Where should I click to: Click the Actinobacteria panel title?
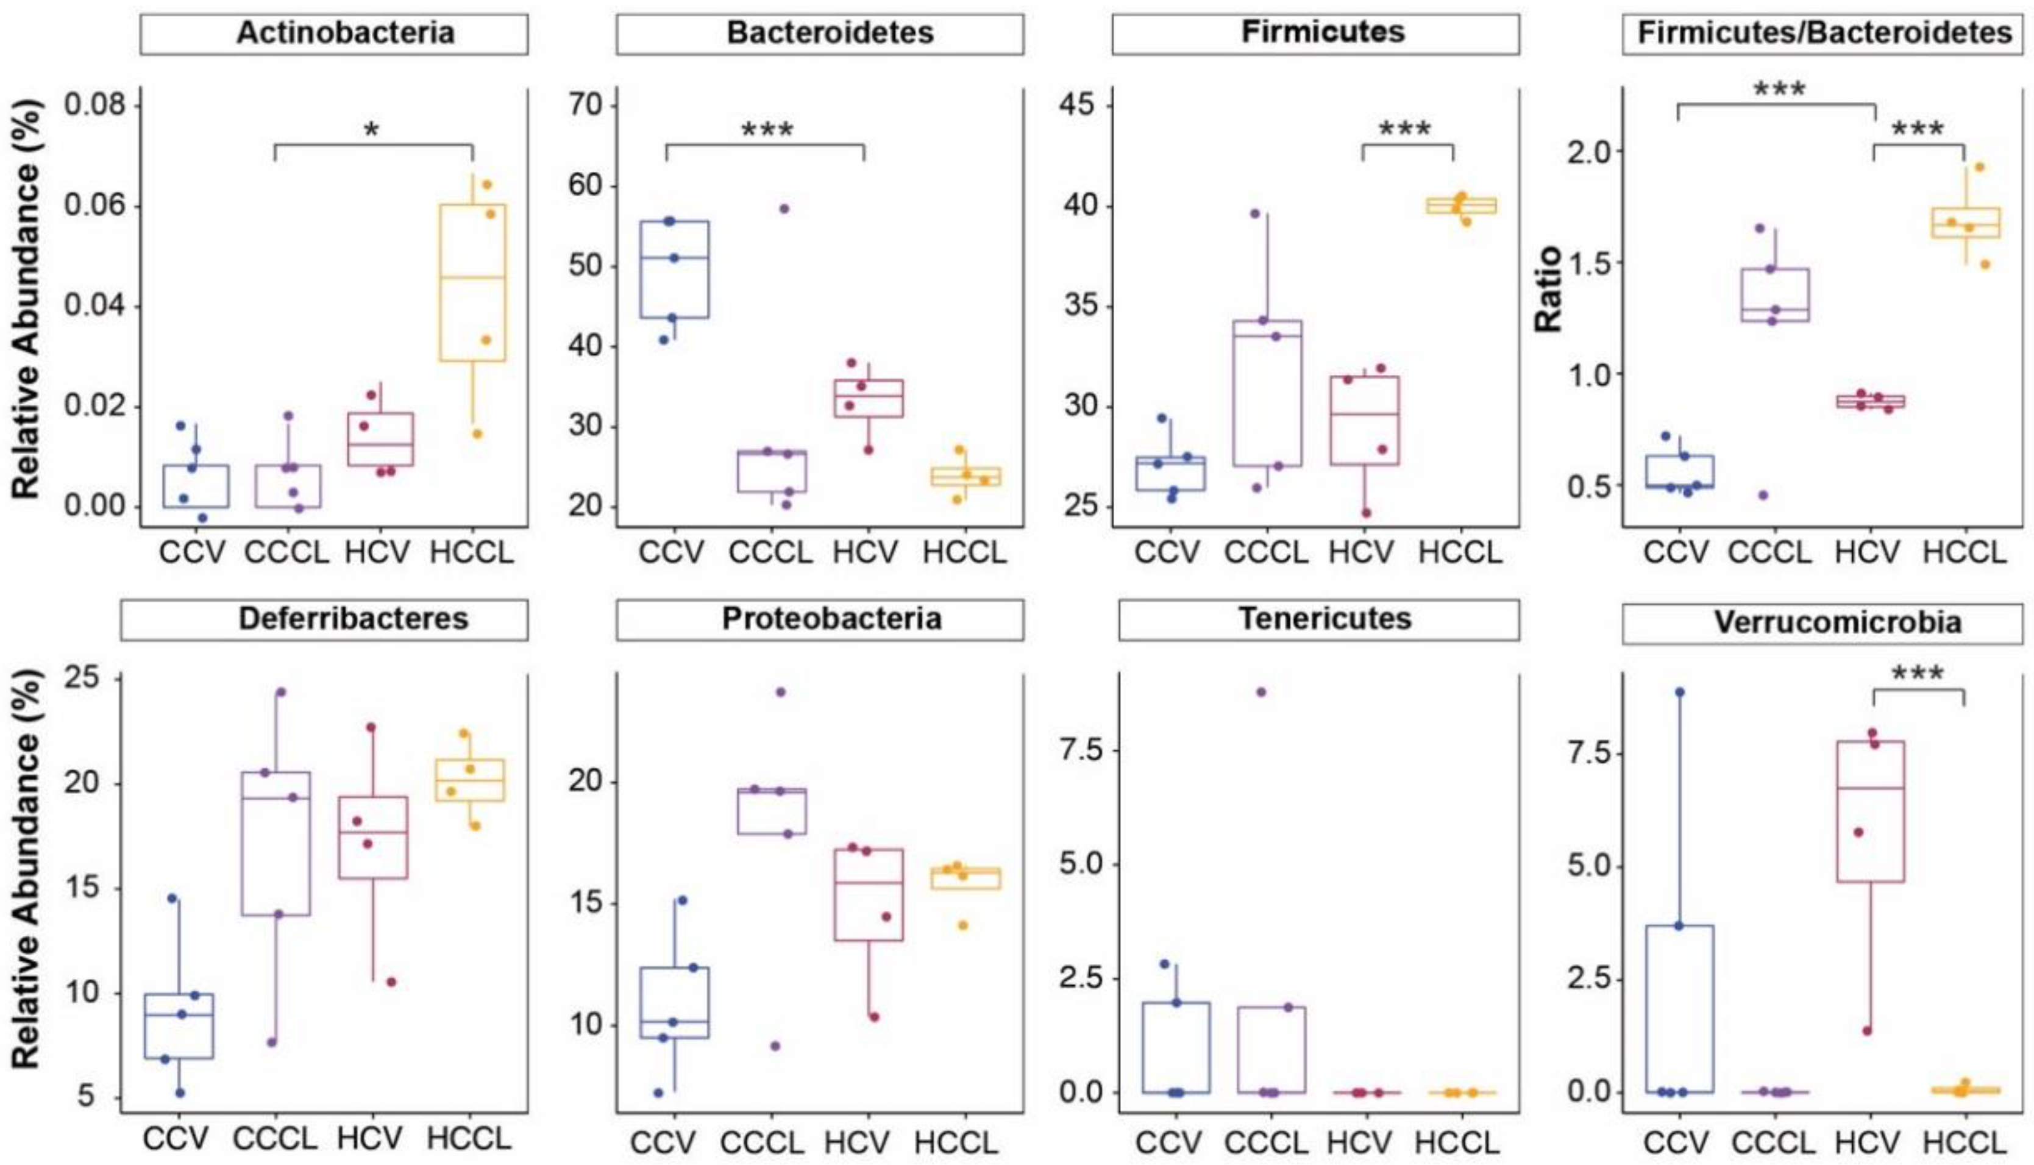345,33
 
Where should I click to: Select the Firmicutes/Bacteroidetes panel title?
1824,33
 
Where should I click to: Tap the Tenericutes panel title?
1325,619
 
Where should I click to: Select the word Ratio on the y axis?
1548,290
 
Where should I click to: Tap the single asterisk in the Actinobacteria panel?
371,131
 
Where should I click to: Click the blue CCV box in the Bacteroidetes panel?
674,269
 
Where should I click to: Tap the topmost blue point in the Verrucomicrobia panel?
1680,692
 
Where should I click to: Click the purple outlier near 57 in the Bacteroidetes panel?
784,209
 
